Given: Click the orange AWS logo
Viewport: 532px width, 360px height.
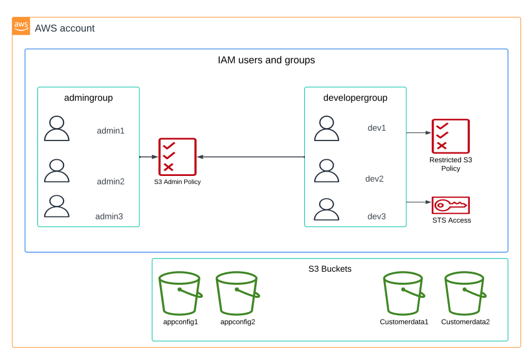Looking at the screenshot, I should (21, 26).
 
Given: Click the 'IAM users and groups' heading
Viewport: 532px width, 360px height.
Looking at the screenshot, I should (266, 60).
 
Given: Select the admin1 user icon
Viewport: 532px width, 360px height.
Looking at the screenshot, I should (57, 128).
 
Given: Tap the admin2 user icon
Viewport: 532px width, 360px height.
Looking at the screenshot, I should (57, 170).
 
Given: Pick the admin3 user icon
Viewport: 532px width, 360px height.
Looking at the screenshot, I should (57, 206).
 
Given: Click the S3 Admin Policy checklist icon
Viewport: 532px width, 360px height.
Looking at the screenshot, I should (177, 157).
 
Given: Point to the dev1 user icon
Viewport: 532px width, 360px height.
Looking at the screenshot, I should (327, 128).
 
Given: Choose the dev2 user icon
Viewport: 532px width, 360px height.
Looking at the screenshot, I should (327, 170).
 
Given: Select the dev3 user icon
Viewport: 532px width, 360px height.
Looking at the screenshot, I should (327, 209).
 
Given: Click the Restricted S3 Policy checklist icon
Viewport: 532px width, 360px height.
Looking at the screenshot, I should (450, 136).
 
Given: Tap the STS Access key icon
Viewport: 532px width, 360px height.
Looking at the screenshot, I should (450, 205).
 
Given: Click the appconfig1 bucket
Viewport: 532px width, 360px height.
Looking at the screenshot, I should (180, 293).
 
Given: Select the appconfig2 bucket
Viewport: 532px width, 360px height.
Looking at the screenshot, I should (237, 293).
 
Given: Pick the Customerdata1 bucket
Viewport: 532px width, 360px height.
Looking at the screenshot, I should (404, 293).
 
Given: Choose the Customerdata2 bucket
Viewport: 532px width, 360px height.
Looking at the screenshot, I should (465, 293).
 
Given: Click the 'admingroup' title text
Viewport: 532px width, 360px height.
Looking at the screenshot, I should (88, 98).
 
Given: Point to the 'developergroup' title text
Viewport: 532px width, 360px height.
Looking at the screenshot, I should (355, 98).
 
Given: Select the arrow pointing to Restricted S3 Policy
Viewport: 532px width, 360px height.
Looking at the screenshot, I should (419, 132).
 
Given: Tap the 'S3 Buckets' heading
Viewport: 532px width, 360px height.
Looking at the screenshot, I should (330, 269).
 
